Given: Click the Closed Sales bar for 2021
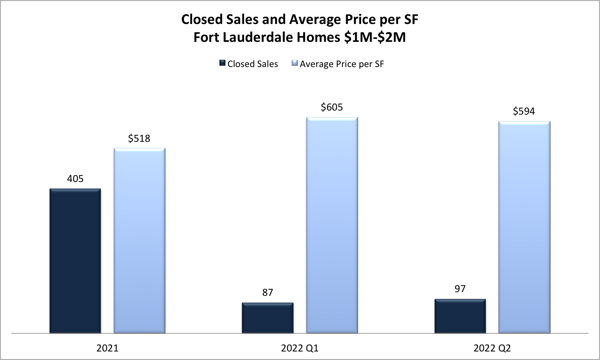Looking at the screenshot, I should coord(75,261).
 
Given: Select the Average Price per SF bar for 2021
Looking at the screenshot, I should coord(139,241).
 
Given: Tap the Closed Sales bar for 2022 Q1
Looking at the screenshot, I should coord(267,318).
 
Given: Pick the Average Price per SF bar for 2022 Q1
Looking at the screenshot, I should coord(332,225).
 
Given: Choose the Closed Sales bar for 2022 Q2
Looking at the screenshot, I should coord(460,316).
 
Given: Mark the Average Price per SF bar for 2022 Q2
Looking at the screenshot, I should coord(524,227).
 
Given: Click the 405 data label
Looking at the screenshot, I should coord(75,178).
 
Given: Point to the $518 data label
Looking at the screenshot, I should coord(139,139).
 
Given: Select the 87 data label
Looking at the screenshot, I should coord(267,293).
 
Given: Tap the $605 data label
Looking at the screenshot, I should coord(332,107).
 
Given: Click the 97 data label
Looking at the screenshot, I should coord(460,289).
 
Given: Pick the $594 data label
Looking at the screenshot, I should coord(524,111).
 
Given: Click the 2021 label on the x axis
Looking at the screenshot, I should coord(107,348).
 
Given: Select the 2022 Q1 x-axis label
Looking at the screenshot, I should coord(300,348).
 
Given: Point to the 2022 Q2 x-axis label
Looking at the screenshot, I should coord(492,348).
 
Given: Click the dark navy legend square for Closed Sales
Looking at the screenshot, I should coord(222,63).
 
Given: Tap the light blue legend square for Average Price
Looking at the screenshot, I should coord(295,63).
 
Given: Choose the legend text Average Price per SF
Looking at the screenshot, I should coord(342,64).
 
